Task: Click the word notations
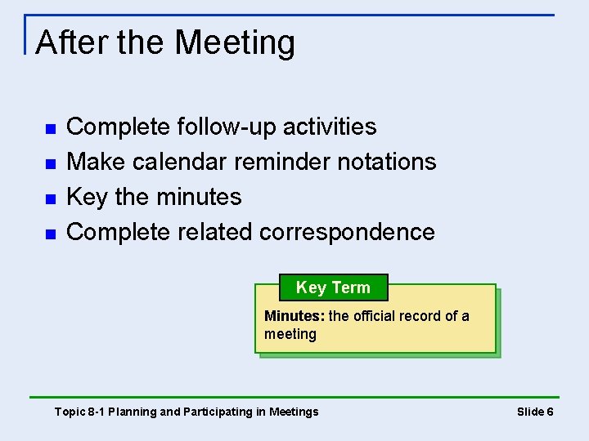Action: pyautogui.click(x=387, y=162)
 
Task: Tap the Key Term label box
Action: pyautogui.click(x=333, y=287)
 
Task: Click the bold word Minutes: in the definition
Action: pyautogui.click(x=294, y=316)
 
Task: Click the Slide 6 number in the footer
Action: pyautogui.click(x=535, y=412)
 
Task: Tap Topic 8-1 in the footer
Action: pyautogui.click(x=79, y=412)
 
